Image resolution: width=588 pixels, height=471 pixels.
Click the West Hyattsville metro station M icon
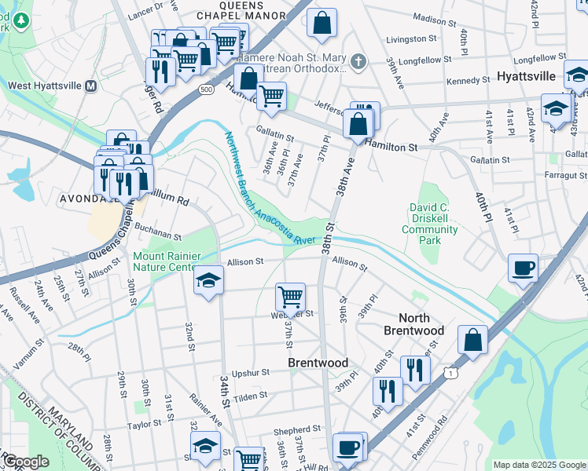click(90, 85)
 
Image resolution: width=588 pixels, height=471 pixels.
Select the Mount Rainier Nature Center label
click(167, 261)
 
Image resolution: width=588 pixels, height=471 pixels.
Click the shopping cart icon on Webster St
click(290, 297)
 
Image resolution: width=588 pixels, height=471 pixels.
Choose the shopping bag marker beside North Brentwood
click(472, 340)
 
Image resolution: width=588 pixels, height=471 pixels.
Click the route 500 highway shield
click(206, 89)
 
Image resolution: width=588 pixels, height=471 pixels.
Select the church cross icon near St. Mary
click(358, 61)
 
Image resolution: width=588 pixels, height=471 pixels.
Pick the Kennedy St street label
click(467, 81)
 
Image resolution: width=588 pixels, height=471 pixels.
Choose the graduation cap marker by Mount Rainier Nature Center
click(208, 279)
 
